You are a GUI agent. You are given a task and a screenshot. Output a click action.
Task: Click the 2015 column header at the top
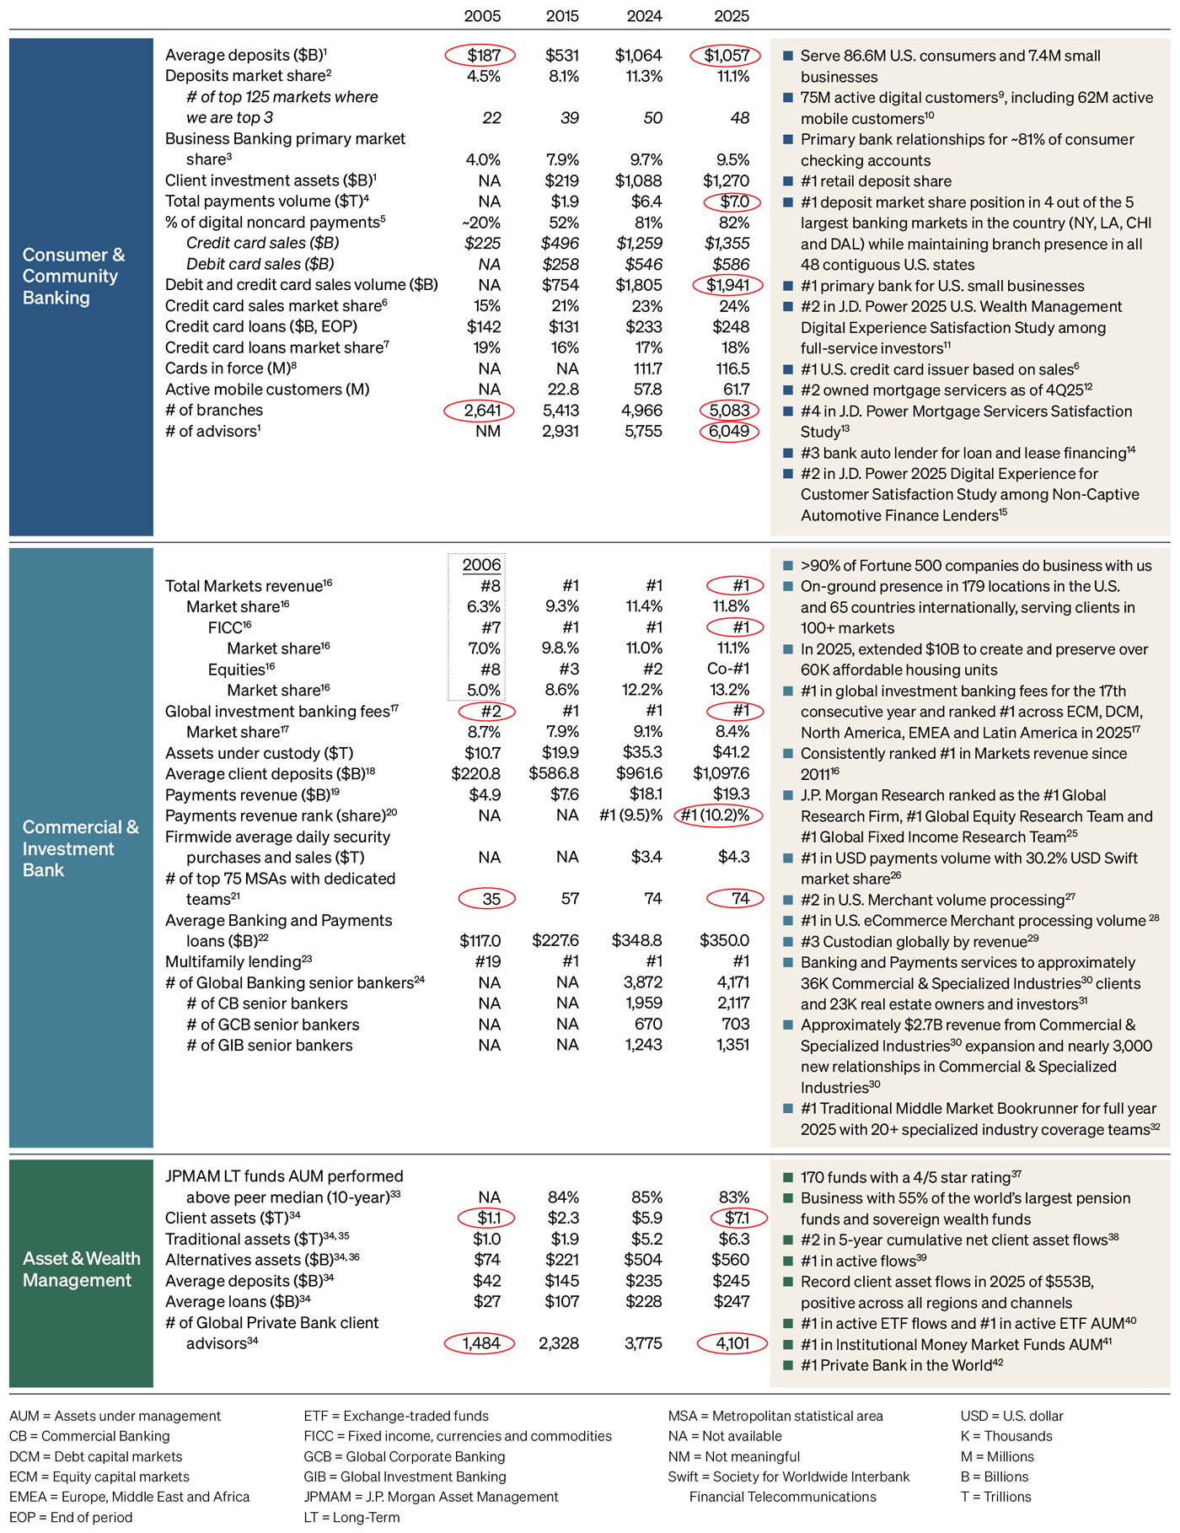pyautogui.click(x=562, y=16)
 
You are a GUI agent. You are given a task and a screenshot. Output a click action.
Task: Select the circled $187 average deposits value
pyautogui.click(x=480, y=56)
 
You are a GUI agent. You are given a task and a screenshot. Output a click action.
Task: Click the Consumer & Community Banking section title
pyautogui.click(x=74, y=276)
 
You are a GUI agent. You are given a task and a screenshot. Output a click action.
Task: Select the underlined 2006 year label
pyautogui.click(x=482, y=565)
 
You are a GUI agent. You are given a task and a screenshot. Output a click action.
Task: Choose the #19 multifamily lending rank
pyautogui.click(x=485, y=962)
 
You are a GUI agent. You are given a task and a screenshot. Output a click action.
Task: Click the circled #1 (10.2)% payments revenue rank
pyautogui.click(x=716, y=815)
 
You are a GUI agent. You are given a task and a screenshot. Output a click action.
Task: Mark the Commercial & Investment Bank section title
pyautogui.click(x=80, y=848)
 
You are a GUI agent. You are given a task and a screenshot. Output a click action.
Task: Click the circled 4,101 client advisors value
pyautogui.click(x=732, y=1343)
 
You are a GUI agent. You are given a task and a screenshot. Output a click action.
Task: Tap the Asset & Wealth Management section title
pyautogui.click(x=81, y=1269)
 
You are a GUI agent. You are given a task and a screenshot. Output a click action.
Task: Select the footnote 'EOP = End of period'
pyautogui.click(x=71, y=1517)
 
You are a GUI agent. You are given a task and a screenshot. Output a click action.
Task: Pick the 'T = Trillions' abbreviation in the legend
pyautogui.click(x=995, y=1497)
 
